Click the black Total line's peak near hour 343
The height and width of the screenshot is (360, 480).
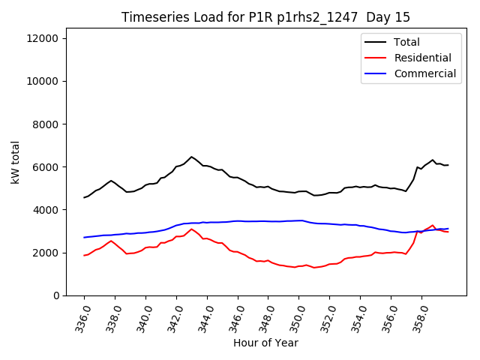click(191, 157)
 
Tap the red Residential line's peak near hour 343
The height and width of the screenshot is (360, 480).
click(191, 229)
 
